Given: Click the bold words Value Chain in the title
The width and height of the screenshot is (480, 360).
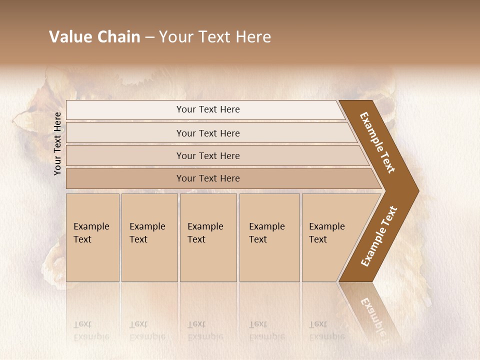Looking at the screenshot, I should point(94,37).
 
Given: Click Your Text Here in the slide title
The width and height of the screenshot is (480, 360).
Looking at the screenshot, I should point(215,37).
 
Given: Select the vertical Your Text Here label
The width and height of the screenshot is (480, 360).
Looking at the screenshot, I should point(57,143).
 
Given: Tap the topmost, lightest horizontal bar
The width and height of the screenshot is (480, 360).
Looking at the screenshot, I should point(208,109).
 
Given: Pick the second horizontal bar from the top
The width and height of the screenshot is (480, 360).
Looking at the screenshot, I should point(208,133).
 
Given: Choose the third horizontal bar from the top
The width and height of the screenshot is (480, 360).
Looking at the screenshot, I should point(208,155).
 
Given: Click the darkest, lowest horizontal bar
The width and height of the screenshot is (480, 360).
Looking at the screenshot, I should point(208,178).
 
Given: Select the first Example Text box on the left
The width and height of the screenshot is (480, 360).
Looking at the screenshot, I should point(92,237).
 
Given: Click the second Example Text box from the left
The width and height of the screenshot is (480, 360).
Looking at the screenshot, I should point(149,237).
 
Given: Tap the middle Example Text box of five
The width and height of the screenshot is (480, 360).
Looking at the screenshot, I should point(208,237).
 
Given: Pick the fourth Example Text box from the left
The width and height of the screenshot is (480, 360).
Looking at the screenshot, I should point(269,237).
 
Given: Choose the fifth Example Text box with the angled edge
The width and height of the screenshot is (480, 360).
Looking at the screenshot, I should point(330,237).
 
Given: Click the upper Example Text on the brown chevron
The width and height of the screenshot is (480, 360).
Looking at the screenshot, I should point(377,142).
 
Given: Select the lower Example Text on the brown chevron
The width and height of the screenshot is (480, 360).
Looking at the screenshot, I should point(378,236).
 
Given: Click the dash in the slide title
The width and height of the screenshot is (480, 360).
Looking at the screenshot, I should point(149,37).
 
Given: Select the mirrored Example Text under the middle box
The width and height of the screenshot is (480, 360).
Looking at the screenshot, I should point(205,330).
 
